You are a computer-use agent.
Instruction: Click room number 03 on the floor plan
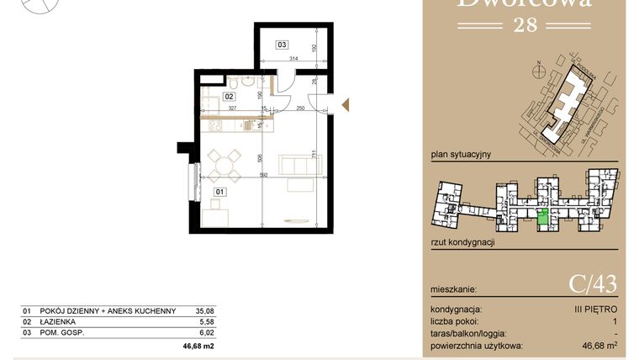(x=283, y=45)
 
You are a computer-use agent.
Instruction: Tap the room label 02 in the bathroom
(x=229, y=97)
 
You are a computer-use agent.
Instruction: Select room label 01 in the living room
(x=219, y=192)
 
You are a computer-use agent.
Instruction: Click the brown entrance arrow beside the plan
(x=344, y=104)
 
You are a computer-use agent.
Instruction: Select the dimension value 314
(x=294, y=59)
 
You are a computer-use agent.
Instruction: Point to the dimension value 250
(x=298, y=109)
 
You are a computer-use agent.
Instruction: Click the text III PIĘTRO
(x=599, y=310)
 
